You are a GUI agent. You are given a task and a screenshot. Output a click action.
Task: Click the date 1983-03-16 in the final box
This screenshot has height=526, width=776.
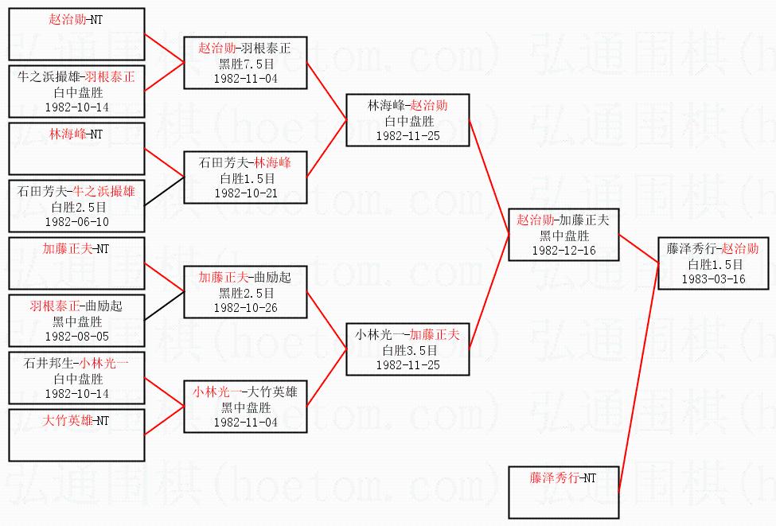(x=713, y=279)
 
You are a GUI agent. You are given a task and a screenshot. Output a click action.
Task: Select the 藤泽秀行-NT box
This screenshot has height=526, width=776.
(x=563, y=493)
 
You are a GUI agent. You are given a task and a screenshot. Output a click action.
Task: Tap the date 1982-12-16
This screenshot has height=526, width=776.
(x=563, y=251)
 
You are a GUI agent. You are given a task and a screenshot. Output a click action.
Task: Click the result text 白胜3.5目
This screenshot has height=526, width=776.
(x=410, y=350)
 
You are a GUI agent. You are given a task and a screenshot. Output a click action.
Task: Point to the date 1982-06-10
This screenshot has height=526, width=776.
(x=76, y=222)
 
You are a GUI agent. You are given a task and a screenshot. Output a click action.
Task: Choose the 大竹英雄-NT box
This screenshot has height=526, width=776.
(x=76, y=435)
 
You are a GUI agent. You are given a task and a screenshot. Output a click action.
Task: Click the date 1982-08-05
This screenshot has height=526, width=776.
(x=76, y=337)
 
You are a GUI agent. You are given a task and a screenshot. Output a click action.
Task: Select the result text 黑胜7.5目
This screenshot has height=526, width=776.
(x=246, y=64)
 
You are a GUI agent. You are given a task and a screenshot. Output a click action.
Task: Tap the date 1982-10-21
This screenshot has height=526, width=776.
(x=246, y=193)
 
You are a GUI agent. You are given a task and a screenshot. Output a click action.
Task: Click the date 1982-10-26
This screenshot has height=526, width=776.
(x=246, y=308)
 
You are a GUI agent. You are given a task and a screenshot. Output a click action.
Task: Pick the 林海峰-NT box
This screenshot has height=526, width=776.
(x=76, y=149)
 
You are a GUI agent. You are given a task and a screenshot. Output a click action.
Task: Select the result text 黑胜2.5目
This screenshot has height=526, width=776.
(x=246, y=293)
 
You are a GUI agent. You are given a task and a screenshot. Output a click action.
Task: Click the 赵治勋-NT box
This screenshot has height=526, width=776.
(x=76, y=34)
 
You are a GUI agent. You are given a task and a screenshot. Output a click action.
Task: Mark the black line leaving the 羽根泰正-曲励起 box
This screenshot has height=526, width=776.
(x=164, y=306)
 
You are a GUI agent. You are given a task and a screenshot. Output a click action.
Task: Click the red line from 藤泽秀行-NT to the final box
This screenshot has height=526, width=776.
(x=639, y=378)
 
